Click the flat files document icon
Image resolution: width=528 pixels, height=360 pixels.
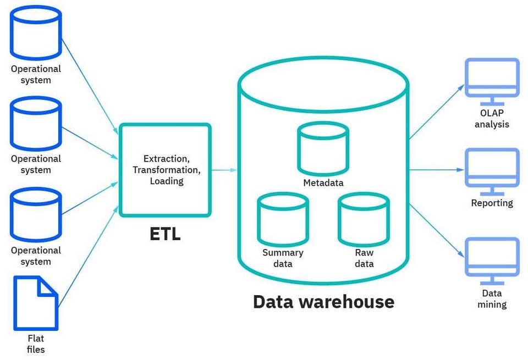36,302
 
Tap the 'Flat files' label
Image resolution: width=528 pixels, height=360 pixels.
36,344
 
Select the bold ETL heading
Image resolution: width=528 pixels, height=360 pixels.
165,234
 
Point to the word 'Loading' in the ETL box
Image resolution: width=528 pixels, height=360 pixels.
167,180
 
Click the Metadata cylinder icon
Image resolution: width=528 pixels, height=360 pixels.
323,147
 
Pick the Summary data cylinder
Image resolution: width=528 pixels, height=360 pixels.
283,218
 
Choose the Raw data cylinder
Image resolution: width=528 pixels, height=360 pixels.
364,218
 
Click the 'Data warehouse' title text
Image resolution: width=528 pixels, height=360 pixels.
323,301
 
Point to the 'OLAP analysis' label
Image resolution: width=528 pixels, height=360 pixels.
491,119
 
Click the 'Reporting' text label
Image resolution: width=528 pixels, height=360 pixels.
492,203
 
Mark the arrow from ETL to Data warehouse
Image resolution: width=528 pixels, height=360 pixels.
224,170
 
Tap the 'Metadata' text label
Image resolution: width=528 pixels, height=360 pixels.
323,182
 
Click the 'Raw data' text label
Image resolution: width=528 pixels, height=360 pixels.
364,258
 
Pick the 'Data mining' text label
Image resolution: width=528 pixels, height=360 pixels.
492,299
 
